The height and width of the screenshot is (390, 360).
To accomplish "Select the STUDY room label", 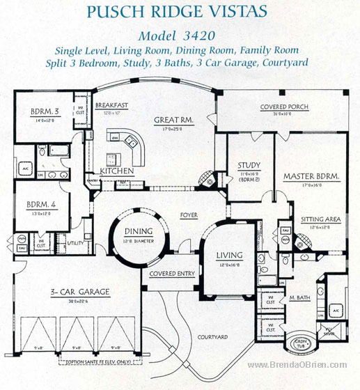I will [x=249, y=166].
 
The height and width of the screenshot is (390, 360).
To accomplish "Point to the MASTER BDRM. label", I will [x=311, y=177].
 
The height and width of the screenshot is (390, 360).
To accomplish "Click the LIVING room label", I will [x=228, y=255].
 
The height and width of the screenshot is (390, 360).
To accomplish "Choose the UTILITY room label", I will [x=75, y=242].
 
